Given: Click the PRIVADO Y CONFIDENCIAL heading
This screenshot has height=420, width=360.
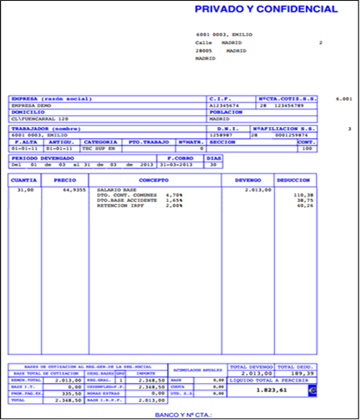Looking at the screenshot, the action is [265, 9].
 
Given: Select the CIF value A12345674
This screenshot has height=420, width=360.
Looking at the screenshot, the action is [224, 106].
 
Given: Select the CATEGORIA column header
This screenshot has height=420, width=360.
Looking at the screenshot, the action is [99, 142].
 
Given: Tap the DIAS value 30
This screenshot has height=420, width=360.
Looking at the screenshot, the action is [213, 163].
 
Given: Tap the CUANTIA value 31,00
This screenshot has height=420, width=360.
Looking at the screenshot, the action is [25, 188].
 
